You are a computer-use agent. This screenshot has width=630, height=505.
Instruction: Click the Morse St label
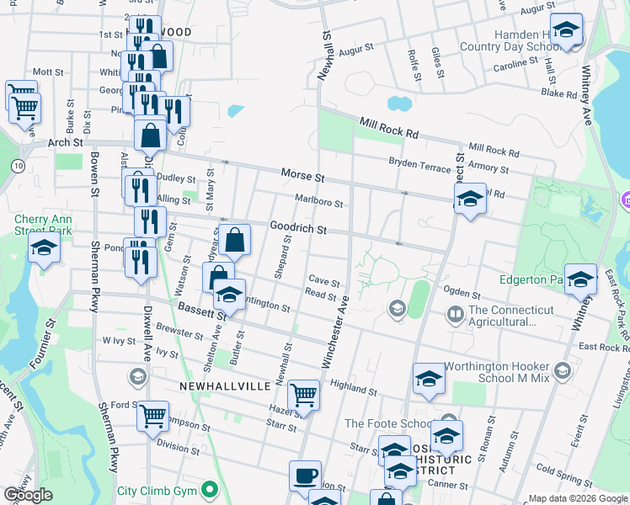(x=302, y=177)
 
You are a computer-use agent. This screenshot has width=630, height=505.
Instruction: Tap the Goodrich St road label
(x=297, y=228)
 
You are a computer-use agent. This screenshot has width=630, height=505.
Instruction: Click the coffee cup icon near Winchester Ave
(x=305, y=476)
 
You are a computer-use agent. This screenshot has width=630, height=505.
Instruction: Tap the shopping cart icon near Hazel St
(x=303, y=395)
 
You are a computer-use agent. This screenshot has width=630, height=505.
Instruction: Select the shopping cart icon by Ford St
(x=152, y=415)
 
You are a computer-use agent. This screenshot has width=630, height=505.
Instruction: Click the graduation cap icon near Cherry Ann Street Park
(x=44, y=248)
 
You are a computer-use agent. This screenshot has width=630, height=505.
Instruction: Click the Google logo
(x=28, y=495)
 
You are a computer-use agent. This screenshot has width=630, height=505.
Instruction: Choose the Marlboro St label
(x=318, y=201)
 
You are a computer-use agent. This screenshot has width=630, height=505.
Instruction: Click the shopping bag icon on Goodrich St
(x=237, y=240)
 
